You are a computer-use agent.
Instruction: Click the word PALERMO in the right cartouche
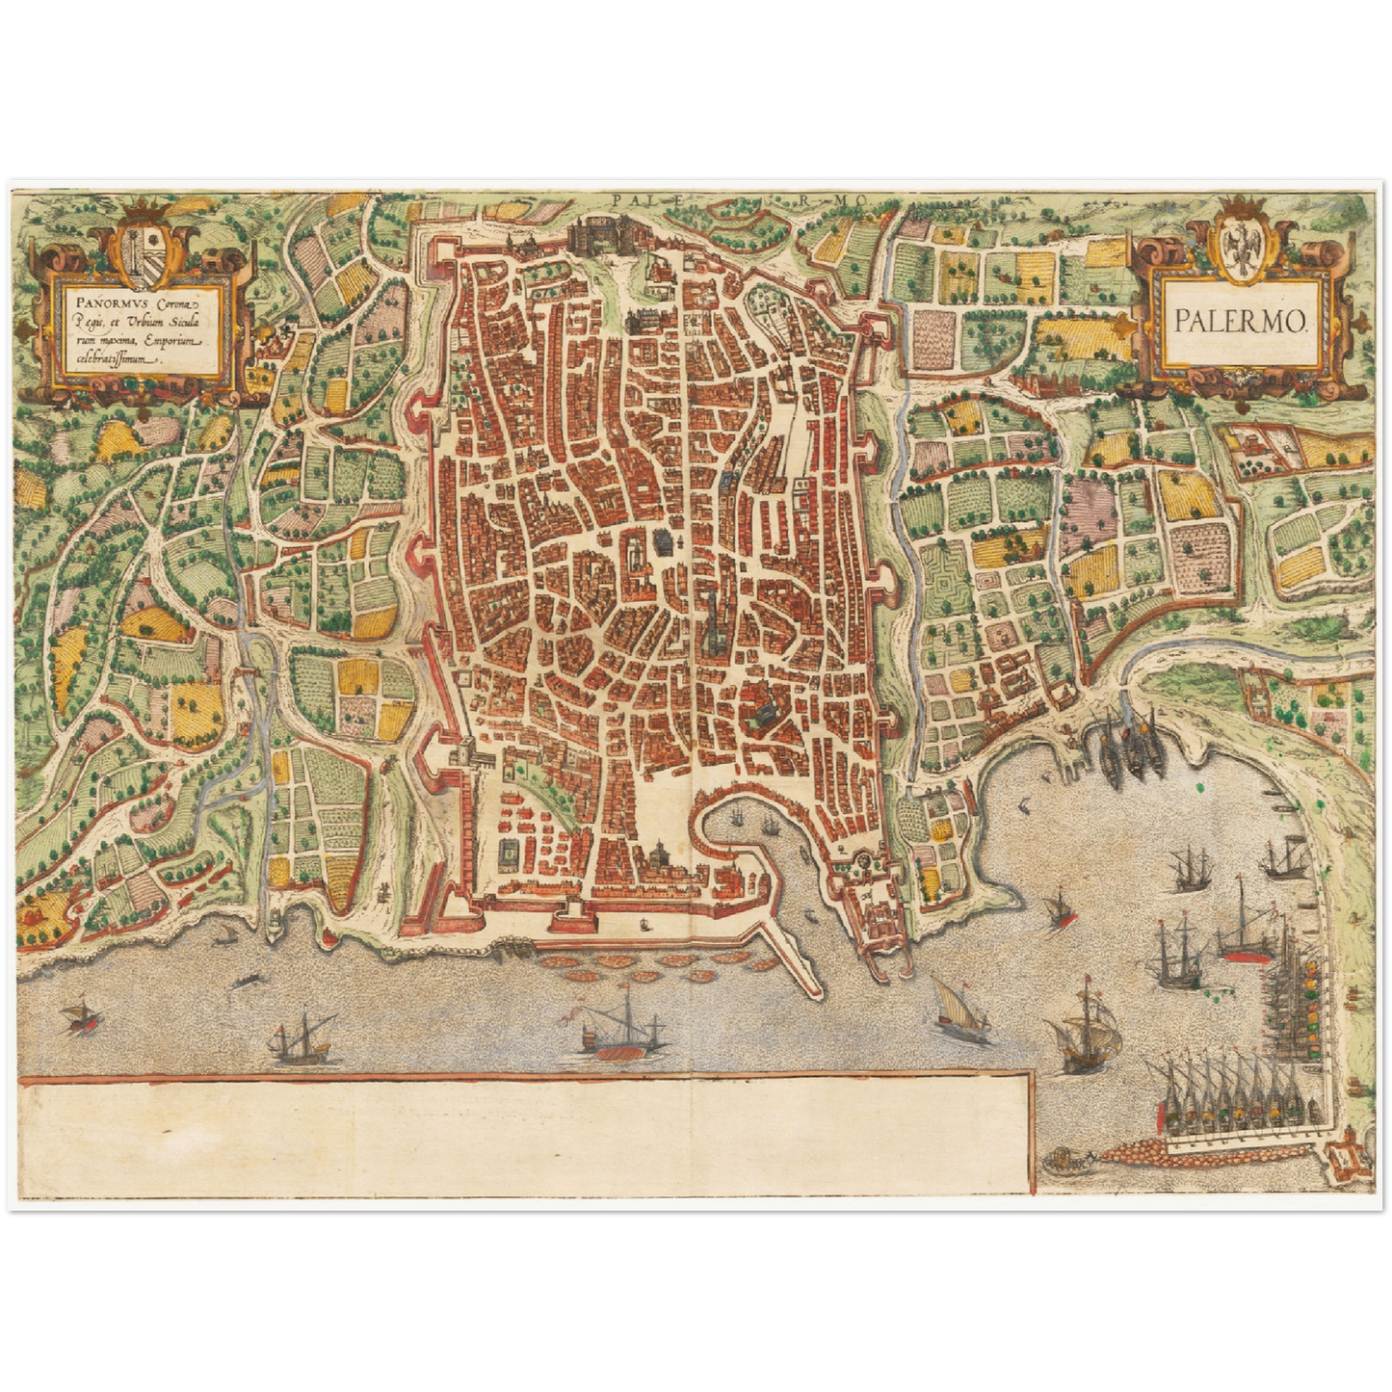tap(1240, 322)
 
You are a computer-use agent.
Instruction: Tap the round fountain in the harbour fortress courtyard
tap(864, 861)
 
